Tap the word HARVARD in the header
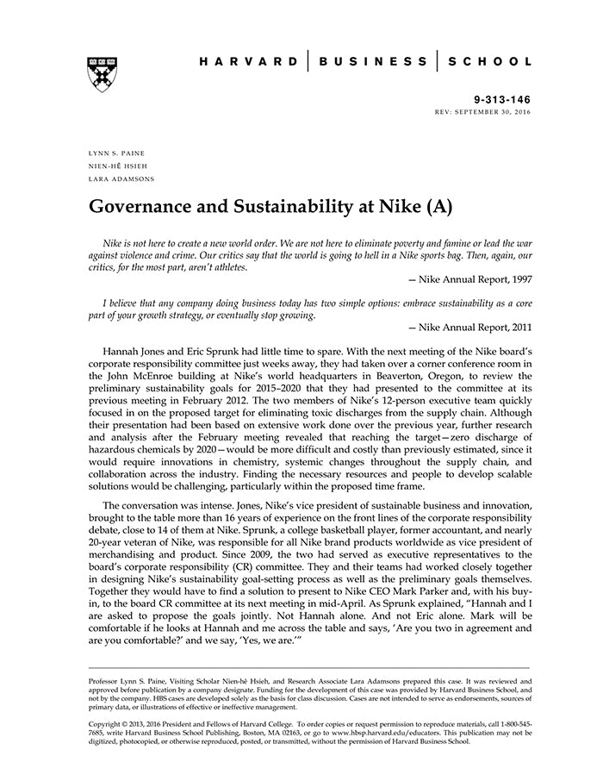[245, 62]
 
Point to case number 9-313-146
[503, 100]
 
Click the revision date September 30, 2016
[495, 113]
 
